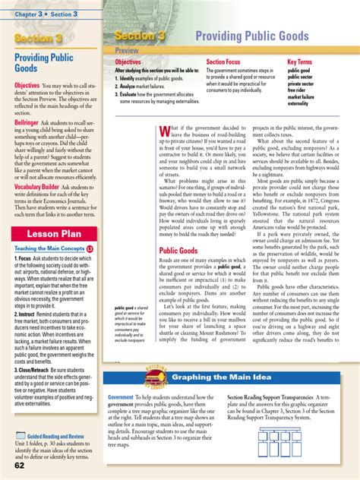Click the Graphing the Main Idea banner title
(x=217, y=377)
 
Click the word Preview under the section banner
(x=128, y=49)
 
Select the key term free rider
(x=298, y=90)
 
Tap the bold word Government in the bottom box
(x=120, y=398)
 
